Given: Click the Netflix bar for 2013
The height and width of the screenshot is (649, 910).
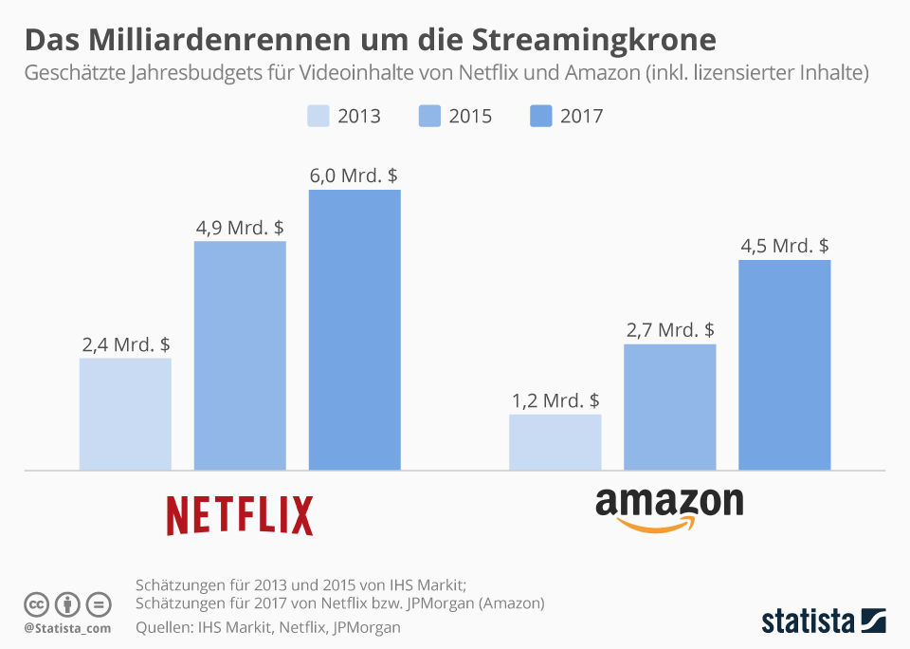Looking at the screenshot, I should (125, 414).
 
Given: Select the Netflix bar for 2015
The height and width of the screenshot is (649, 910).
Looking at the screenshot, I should (240, 356).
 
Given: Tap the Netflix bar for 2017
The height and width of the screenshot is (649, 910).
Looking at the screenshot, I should (355, 329).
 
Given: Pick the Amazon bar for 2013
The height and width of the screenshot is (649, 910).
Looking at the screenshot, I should (555, 442).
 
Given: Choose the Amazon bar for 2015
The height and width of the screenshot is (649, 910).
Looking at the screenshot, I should (669, 407).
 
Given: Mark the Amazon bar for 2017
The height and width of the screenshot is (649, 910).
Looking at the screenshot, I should (784, 364).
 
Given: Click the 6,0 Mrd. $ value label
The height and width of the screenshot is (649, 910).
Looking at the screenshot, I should (354, 176).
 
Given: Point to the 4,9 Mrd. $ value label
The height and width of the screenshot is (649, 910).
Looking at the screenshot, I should (240, 228).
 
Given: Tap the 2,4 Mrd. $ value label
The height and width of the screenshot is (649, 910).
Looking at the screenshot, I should (126, 344).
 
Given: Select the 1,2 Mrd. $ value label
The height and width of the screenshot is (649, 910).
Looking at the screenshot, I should (555, 400).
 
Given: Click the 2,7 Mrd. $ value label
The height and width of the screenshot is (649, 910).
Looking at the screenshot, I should (670, 330).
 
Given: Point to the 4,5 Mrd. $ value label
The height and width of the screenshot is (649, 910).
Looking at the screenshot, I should (785, 246).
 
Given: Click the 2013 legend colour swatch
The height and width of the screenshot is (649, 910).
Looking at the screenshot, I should (318, 116).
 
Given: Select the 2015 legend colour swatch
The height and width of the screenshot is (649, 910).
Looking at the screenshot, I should (429, 116).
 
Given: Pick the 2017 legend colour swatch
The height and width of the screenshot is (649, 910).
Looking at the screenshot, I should (541, 116).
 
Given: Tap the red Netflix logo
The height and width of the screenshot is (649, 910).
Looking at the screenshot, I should (240, 515).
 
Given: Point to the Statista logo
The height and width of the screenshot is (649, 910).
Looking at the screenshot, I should (823, 621).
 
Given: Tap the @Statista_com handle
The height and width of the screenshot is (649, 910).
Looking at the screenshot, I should (67, 628).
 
